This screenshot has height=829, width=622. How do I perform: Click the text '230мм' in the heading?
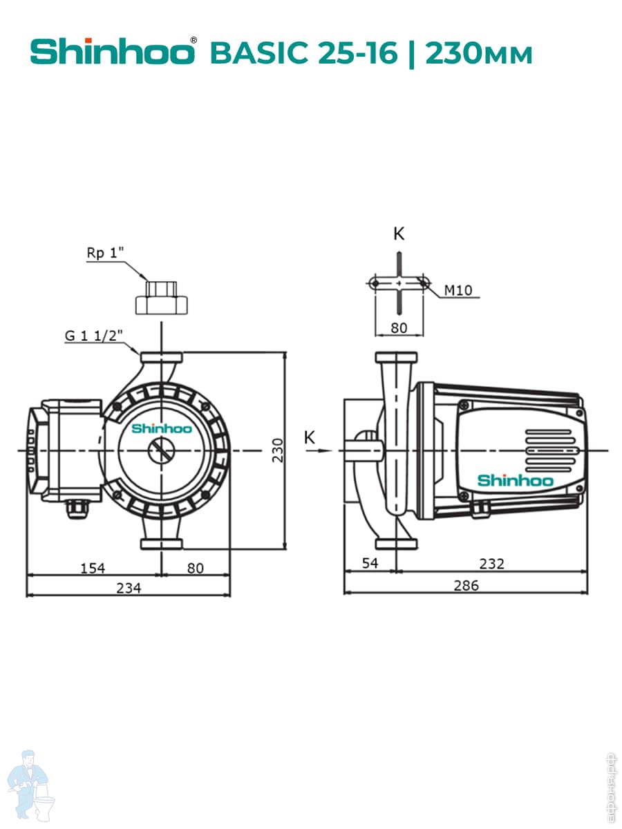click(480, 53)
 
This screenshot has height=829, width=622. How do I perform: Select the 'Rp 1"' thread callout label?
click(104, 254)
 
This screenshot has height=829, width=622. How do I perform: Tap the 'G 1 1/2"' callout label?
click(93, 336)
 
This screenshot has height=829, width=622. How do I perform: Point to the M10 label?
click(458, 290)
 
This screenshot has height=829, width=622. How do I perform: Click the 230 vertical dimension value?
click(277, 450)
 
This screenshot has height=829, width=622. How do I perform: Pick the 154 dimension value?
click(92, 568)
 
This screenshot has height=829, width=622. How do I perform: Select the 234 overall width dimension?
click(129, 588)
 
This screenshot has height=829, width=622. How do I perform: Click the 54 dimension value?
click(370, 563)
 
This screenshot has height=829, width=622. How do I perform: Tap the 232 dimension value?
click(491, 564)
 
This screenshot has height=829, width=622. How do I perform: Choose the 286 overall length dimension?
click(466, 586)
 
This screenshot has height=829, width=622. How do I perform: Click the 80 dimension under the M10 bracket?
click(399, 327)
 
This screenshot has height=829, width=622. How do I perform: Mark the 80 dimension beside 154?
click(196, 568)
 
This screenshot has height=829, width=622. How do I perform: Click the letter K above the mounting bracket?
click(399, 234)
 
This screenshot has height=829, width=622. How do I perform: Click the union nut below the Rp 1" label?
click(160, 298)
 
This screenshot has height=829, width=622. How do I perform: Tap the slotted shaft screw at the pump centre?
click(161, 450)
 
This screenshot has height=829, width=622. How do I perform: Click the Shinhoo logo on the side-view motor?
click(516, 480)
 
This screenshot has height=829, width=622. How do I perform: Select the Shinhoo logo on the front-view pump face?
click(161, 428)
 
